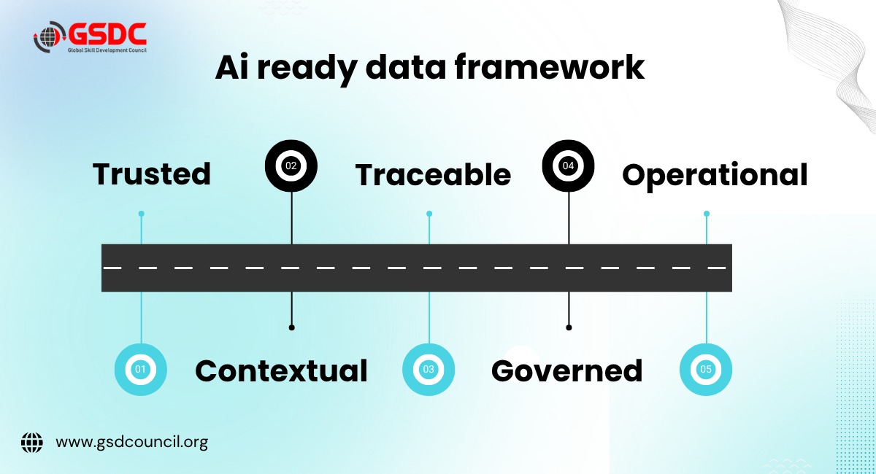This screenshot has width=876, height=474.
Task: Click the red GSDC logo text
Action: (107, 34)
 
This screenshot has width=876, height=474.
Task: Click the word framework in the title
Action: (550, 67)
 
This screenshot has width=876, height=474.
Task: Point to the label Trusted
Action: (152, 174)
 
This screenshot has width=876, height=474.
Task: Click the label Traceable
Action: (433, 175)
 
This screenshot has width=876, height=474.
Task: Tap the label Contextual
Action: (281, 370)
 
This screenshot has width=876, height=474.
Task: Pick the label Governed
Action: (566, 370)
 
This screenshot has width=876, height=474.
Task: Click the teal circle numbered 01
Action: (141, 369)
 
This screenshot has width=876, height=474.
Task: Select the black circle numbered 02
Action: (291, 166)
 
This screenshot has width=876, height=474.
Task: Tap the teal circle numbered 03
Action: (429, 369)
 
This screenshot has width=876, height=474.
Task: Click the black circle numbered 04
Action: (568, 166)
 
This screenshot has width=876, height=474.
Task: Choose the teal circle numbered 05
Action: (706, 369)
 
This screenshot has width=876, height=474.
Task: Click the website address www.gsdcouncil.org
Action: (132, 443)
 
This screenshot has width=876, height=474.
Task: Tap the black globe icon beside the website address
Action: (32, 443)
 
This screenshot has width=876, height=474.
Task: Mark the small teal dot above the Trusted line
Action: (141, 214)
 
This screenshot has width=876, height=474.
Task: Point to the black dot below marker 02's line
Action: (292, 327)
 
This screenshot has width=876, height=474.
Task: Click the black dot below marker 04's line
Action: (569, 327)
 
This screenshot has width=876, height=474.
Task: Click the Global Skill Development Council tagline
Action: (107, 50)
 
